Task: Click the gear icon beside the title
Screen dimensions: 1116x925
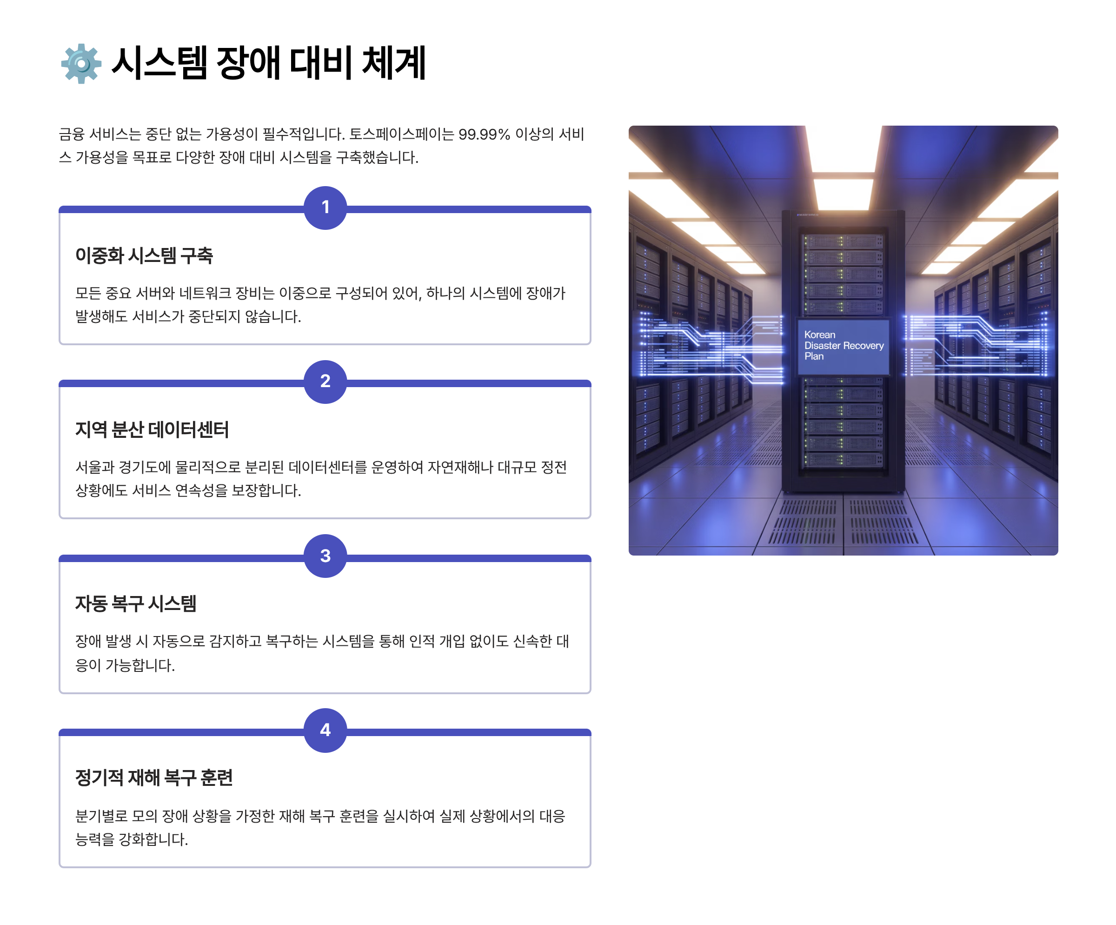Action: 81,63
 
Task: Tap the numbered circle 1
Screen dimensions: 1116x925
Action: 325,208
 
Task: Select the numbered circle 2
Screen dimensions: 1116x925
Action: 325,381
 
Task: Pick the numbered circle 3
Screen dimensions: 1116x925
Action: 325,556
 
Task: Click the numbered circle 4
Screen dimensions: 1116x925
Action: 325,730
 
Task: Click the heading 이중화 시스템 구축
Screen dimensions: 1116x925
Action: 144,256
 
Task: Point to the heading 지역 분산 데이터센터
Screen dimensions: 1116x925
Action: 152,429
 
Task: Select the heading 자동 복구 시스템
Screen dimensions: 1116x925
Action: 136,603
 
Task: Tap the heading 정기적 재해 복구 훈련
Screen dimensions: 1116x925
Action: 154,778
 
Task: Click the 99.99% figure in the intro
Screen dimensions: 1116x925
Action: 484,134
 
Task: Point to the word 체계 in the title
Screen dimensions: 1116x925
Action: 394,63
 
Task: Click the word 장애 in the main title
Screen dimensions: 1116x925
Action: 248,63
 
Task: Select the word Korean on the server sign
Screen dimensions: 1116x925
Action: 819,335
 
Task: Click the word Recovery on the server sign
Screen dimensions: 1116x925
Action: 863,346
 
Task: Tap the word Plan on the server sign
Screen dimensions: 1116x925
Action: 814,356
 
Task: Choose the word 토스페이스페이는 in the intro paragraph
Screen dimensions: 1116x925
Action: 401,134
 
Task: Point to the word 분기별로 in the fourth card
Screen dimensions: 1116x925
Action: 101,816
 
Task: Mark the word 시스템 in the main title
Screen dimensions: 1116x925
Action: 159,63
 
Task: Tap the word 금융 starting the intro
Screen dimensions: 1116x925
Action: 71,134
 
